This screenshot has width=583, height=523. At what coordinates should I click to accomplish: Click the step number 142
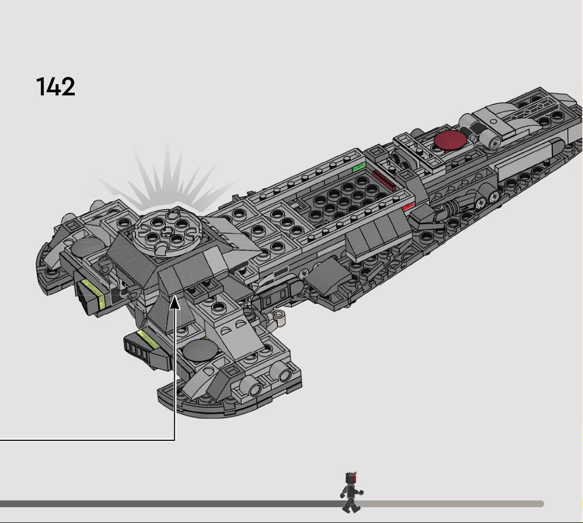point(56,86)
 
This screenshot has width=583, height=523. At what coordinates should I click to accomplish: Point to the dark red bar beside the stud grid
point(384,181)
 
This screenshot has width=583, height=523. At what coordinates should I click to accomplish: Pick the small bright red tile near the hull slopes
point(408,208)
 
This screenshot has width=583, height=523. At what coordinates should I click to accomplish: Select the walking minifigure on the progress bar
point(352,492)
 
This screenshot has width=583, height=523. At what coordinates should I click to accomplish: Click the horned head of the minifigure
point(351,478)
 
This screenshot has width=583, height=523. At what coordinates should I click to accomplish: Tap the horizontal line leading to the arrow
point(87,440)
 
